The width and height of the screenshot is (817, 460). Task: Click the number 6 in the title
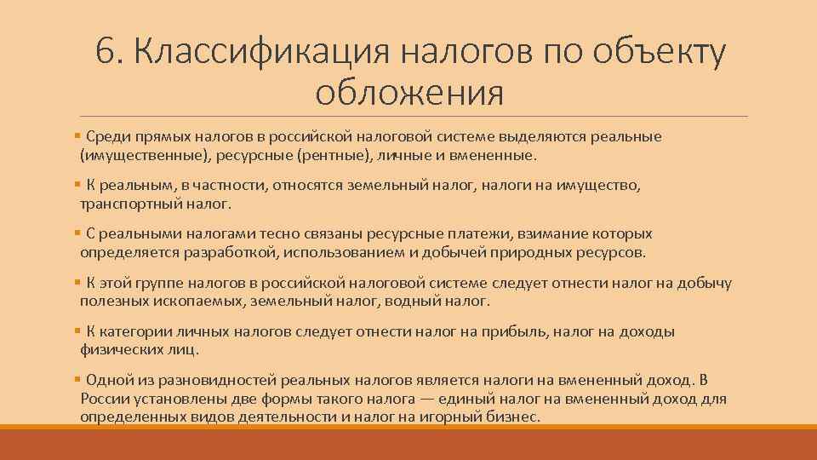pos(106,53)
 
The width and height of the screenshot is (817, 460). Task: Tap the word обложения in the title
pos(408,91)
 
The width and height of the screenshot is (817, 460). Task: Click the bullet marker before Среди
pos(77,137)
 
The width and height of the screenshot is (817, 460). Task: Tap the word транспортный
pos(127,204)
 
